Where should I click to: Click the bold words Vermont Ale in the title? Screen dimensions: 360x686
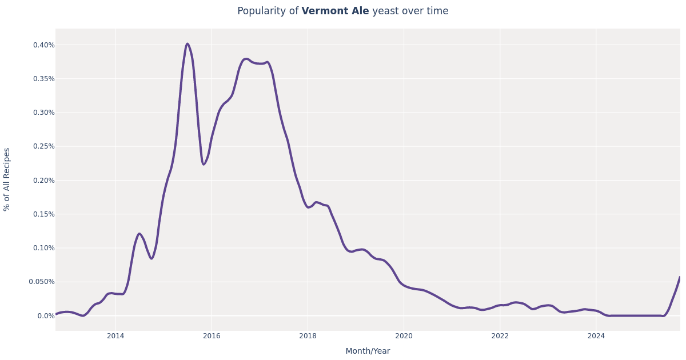coord(335,11)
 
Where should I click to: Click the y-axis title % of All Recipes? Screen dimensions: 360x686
coord(7,179)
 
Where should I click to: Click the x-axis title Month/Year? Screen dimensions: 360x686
coord(368,351)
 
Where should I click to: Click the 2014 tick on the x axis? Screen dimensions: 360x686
coord(115,336)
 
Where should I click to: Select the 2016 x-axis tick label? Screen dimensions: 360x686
coord(212,336)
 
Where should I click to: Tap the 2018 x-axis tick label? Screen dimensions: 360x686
coord(308,336)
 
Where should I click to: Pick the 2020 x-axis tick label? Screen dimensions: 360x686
coord(404,336)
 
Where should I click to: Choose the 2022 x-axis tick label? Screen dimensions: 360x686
coord(500,336)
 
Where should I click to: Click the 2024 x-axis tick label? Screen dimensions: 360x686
coord(596,336)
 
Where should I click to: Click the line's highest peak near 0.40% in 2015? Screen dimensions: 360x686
coord(187,44)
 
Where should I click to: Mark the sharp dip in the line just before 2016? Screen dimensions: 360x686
coord(204,165)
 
